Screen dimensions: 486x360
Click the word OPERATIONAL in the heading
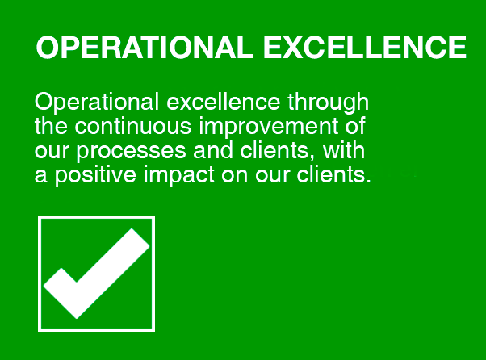(x=145, y=48)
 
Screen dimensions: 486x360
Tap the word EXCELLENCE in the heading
(x=365, y=48)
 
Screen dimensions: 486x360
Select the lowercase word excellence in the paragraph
(x=223, y=102)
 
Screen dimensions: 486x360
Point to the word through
(x=328, y=103)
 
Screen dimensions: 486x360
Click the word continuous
(x=133, y=126)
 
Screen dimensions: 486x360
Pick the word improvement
(x=268, y=127)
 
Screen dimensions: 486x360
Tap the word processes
(x=131, y=152)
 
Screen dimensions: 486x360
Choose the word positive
(x=95, y=176)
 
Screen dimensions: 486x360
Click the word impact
(x=178, y=176)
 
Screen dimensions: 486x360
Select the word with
(x=344, y=150)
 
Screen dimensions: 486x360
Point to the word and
(x=213, y=150)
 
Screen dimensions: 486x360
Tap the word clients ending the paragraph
(x=331, y=174)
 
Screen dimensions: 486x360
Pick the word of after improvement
(x=355, y=126)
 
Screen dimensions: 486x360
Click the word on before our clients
(x=234, y=176)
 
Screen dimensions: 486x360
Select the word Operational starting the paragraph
(x=97, y=103)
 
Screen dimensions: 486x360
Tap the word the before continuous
(x=51, y=126)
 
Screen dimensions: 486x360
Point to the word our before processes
(x=52, y=152)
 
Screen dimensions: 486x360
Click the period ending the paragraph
(x=368, y=181)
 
